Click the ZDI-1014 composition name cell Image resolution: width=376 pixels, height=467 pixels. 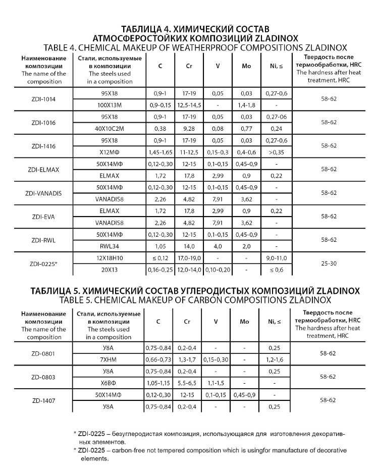coord(43,99)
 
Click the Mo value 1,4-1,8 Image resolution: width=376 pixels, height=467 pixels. coord(246,105)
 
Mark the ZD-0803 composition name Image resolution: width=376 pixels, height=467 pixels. coord(43,377)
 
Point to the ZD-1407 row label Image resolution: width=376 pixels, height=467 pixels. coord(43,400)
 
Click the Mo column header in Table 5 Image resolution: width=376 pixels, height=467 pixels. coord(246,321)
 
